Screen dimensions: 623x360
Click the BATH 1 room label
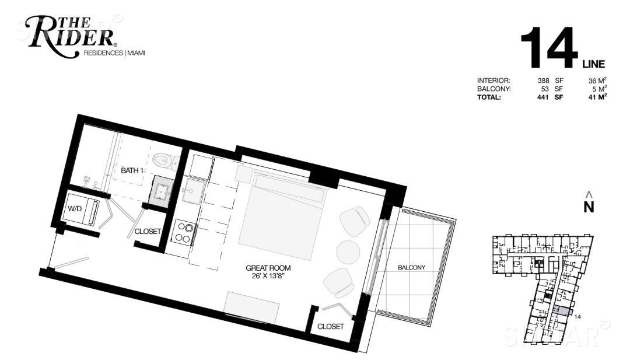click(x=132, y=170)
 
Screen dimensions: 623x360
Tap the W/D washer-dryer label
click(x=75, y=208)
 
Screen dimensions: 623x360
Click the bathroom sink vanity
click(x=163, y=191)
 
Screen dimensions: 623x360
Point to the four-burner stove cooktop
click(x=184, y=233)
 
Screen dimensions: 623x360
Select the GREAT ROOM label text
click(x=268, y=268)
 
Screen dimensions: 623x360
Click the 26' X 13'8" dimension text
click(x=268, y=276)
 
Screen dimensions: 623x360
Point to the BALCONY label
click(x=412, y=267)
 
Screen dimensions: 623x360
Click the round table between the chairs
click(x=348, y=251)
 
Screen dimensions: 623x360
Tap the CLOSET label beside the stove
click(x=148, y=231)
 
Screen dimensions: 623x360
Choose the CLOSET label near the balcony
click(x=331, y=326)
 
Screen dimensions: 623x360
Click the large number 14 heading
click(x=549, y=48)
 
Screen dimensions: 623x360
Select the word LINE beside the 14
click(x=594, y=64)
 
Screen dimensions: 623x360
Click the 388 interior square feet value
click(x=543, y=81)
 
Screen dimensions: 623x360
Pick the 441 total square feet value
click(x=542, y=97)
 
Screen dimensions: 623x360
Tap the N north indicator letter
click(x=589, y=207)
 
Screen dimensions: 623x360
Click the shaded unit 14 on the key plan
click(x=561, y=310)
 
